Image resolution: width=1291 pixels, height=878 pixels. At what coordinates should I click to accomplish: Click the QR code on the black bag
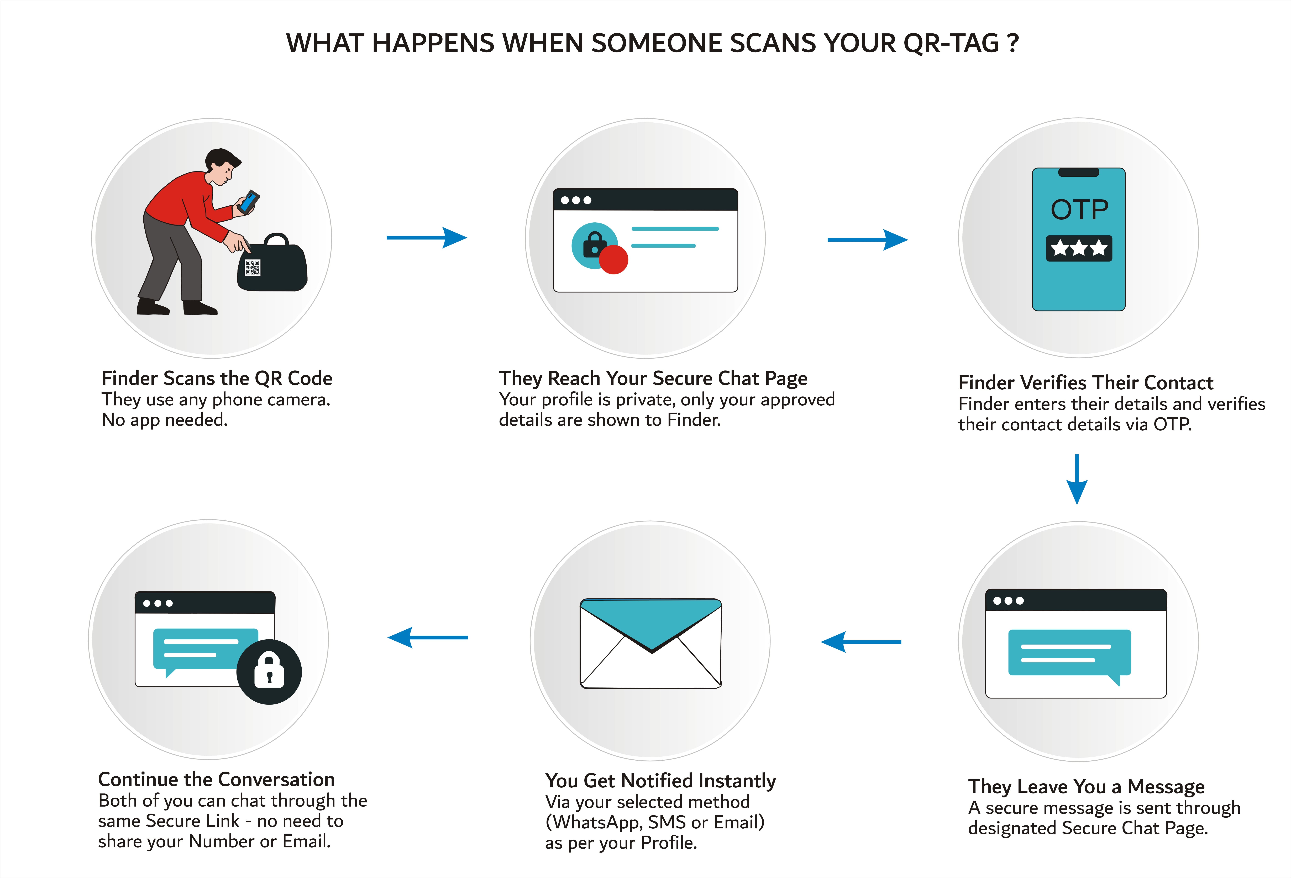pos(253,267)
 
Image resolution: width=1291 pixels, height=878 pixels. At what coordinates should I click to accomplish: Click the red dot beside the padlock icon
pos(613,259)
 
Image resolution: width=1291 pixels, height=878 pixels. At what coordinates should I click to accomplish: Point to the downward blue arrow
pos(1077,479)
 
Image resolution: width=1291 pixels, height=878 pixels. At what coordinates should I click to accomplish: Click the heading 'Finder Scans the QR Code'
pos(217,378)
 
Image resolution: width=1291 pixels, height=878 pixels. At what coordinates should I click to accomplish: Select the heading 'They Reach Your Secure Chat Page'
pos(653,378)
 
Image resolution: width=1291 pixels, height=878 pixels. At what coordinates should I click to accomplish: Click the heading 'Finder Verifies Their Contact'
pos(1085,383)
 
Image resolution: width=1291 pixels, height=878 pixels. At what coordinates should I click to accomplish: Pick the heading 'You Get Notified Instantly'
pos(660,781)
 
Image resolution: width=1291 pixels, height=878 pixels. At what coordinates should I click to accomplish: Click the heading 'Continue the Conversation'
pos(216,780)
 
